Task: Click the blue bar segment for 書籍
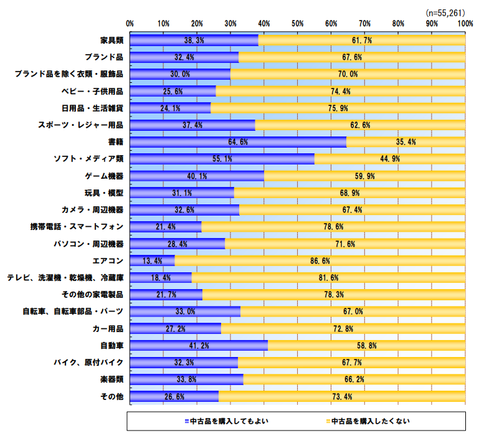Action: point(238,142)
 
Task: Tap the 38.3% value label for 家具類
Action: point(194,40)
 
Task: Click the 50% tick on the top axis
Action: point(297,23)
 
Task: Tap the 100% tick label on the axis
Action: point(464,23)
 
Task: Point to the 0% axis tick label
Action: point(130,23)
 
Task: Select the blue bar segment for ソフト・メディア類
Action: point(222,159)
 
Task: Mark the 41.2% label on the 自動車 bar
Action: point(199,345)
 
